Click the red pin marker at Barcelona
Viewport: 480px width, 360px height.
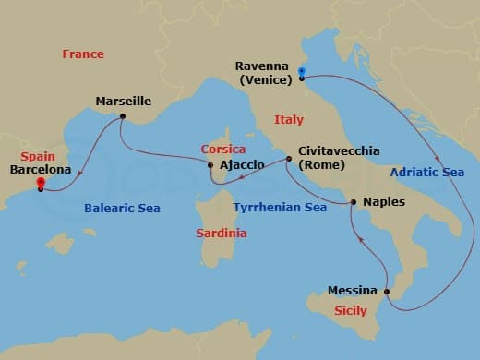(x=41, y=184)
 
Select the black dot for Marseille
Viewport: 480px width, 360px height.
(x=122, y=116)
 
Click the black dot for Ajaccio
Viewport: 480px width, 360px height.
(x=212, y=165)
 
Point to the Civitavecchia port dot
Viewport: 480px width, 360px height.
(x=288, y=159)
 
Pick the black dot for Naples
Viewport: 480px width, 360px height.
(x=354, y=201)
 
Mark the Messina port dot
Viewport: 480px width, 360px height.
(x=386, y=292)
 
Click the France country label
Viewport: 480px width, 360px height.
(x=83, y=54)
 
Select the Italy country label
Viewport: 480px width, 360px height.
(x=289, y=120)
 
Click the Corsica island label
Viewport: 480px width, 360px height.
(x=224, y=149)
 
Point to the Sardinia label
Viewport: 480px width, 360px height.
(x=222, y=234)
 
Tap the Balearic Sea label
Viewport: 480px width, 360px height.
(x=123, y=209)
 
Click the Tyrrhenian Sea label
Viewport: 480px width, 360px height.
(x=280, y=209)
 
